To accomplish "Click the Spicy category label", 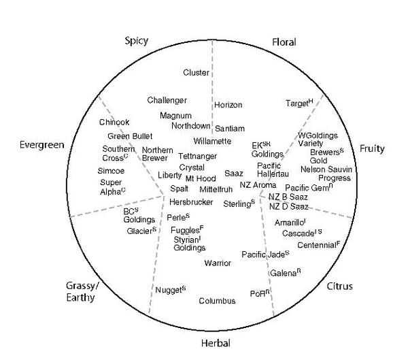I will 138,41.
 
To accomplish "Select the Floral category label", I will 284,42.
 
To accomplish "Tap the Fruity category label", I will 372,148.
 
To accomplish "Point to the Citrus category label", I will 339,286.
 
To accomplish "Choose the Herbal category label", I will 215,342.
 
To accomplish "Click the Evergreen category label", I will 41,144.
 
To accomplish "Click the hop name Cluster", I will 196,72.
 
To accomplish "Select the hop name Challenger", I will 167,101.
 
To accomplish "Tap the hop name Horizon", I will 228,105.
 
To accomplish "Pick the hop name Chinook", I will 114,122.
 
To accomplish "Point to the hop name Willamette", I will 212,141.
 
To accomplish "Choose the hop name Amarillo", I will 290,223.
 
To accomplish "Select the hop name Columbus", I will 217,301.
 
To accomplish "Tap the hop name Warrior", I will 218,263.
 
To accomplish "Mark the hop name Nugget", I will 169,291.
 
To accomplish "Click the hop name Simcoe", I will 111,171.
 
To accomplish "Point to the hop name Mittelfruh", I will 216,189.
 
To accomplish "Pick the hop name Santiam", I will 230,128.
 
